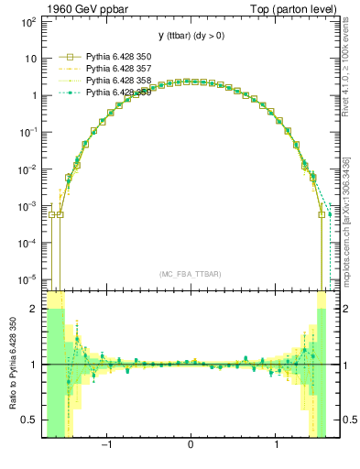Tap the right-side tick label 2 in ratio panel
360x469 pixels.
coord(344,310)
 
